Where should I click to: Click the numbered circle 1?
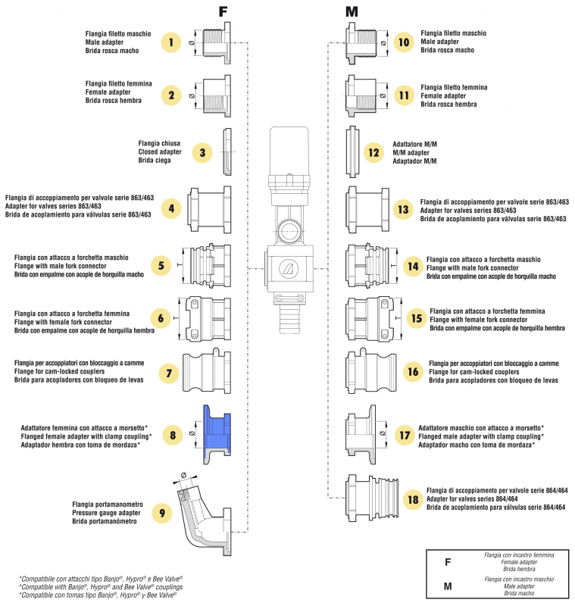172,43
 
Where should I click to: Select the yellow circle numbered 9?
161,513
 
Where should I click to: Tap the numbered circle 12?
373,152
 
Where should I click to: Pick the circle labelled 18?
413,501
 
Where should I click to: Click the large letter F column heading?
223,11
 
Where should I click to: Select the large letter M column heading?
352,11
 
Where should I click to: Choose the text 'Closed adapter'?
158,152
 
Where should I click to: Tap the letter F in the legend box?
448,563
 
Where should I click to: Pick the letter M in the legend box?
448,586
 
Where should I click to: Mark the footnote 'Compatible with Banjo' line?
102,586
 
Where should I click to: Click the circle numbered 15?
415,318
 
